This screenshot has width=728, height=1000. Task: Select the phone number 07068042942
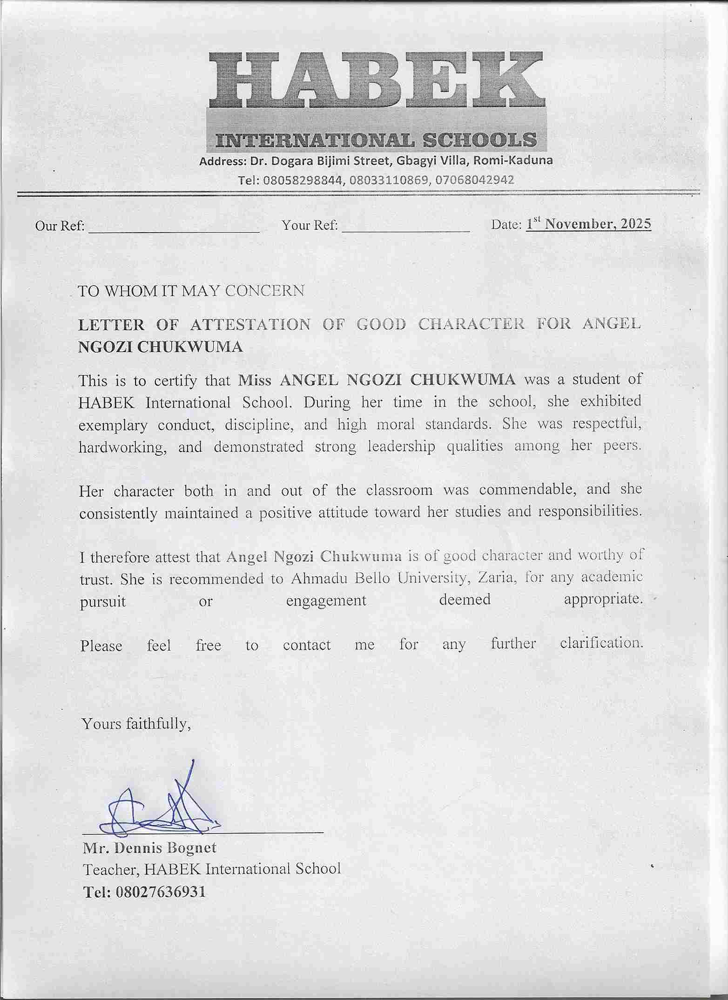coord(473,180)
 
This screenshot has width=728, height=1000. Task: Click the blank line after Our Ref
coord(173,228)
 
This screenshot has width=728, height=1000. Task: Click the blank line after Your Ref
coord(405,227)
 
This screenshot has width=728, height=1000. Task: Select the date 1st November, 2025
coord(588,224)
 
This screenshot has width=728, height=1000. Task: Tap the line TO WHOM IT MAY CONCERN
coord(191,291)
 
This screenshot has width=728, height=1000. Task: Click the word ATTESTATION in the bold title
coord(250,324)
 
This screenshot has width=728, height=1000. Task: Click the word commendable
coord(528,490)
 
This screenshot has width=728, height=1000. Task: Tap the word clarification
coord(601,643)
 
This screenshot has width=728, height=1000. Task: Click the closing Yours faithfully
coord(136,724)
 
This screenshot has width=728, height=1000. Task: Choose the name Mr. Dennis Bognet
coord(149,848)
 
